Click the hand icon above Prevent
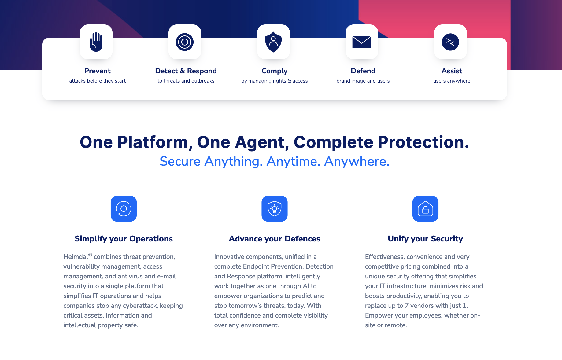coord(96,42)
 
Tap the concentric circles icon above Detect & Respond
coord(185,42)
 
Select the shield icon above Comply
coord(273,42)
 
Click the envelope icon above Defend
coord(362,42)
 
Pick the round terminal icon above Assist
coord(450,42)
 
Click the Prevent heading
coord(97,71)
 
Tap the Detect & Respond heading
coord(186,71)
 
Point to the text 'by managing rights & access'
coord(274,81)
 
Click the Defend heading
coord(363,71)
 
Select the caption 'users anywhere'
coord(452,81)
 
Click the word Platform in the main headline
coord(155,142)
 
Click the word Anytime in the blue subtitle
coord(293,161)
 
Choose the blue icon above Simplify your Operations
coord(124,209)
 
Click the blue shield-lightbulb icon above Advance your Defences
coord(275,209)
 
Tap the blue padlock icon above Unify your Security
coord(425,209)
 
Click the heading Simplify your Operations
coord(124,239)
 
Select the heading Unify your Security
coord(425,239)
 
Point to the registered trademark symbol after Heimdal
coord(90,255)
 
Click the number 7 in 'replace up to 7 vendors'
coord(407,306)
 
